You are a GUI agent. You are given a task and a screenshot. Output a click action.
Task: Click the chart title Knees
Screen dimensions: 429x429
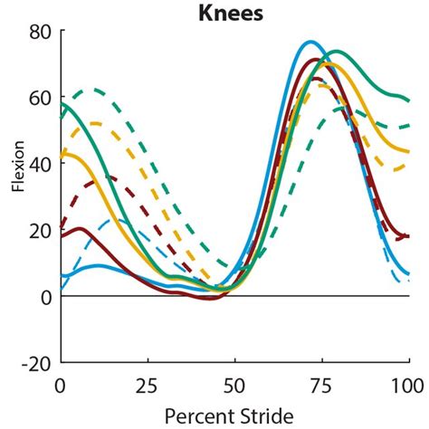[234, 13]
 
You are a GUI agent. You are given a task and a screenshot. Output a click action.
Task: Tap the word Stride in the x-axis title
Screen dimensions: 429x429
[266, 415]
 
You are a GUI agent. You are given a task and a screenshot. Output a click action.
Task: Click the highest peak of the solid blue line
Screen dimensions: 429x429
[310, 42]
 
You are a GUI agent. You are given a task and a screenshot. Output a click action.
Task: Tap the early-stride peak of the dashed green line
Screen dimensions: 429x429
[88, 90]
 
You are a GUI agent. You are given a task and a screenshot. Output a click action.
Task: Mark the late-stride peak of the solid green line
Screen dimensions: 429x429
[338, 52]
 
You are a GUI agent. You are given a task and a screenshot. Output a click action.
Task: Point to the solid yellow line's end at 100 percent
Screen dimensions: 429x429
[408, 152]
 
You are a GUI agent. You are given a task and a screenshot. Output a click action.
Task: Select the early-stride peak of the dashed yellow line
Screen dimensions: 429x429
[95, 122]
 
